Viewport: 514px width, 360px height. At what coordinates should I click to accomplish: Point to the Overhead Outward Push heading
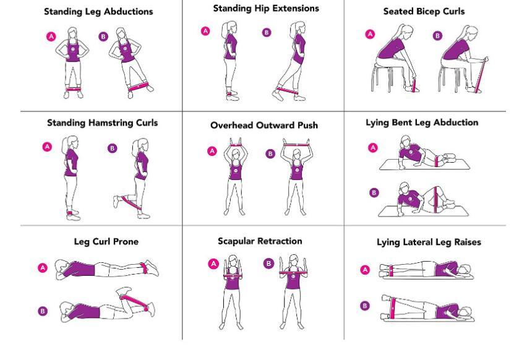pyautogui.click(x=264, y=125)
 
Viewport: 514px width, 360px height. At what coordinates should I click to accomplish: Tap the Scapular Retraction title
pyautogui.click(x=260, y=241)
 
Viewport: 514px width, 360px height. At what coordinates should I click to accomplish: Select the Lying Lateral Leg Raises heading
pyautogui.click(x=429, y=242)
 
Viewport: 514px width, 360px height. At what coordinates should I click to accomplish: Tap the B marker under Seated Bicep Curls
pyautogui.click(x=438, y=36)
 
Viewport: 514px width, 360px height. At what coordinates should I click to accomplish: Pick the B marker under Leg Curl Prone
pyautogui.click(x=43, y=311)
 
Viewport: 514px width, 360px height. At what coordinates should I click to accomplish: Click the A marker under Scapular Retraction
pyautogui.click(x=212, y=263)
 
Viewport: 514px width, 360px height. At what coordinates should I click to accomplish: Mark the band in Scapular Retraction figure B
pyautogui.click(x=294, y=272)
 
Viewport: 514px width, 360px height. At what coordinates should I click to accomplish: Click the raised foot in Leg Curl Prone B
pyautogui.click(x=123, y=289)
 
